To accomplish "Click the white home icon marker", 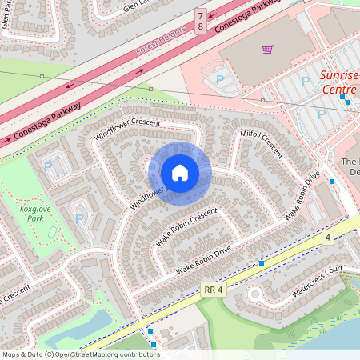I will [x=180, y=173].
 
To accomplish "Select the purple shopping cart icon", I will [x=267, y=50].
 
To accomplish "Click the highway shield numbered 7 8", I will [x=201, y=21].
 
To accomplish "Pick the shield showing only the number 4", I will [x=328, y=238].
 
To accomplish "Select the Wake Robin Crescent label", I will [x=186, y=227].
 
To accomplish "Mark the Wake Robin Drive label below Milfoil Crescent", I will [x=302, y=195].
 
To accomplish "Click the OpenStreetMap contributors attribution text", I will [x=80, y=354].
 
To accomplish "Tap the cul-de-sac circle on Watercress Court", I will [x=255, y=294].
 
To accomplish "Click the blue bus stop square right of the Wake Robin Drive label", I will [x=261, y=262].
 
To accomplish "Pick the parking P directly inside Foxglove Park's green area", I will [x=78, y=218].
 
